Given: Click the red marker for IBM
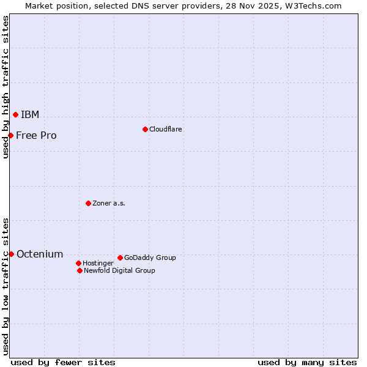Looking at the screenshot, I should (15, 114).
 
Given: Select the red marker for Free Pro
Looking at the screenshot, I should (11, 135).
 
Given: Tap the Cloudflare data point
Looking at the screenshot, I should (145, 129).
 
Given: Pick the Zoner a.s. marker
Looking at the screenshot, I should (88, 203).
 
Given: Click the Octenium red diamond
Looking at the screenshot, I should (11, 254).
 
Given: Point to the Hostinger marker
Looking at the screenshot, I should (78, 263).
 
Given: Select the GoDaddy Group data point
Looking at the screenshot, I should (120, 258).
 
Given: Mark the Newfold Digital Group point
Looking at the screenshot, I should (80, 270).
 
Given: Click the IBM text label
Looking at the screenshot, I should (30, 115).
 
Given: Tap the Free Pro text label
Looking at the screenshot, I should (36, 136).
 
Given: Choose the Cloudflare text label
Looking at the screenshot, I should (166, 129).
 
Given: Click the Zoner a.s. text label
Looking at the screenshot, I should (109, 203).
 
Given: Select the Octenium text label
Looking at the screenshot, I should (40, 254).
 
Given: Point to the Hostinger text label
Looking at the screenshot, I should (98, 263).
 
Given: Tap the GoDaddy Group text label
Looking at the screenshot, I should (150, 258).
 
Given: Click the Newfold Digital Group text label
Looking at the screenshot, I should (119, 270).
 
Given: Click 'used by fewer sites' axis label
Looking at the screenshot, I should (63, 362).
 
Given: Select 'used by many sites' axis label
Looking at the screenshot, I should (307, 362).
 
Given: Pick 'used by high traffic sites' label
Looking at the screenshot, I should (6, 87).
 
